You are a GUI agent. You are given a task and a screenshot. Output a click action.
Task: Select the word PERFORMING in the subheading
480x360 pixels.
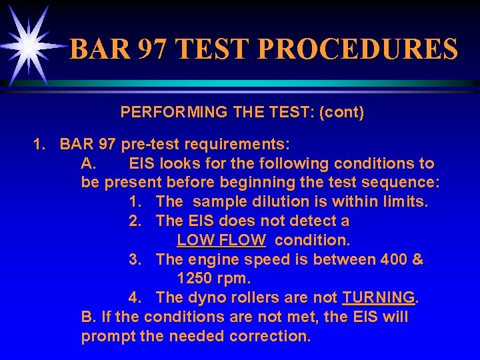(x=163, y=113)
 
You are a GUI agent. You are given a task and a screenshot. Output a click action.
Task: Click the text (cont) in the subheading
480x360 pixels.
(x=342, y=113)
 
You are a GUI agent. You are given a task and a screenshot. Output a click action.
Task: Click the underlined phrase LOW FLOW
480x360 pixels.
(x=221, y=239)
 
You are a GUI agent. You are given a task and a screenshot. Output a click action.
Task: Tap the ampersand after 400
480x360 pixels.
(x=418, y=259)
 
